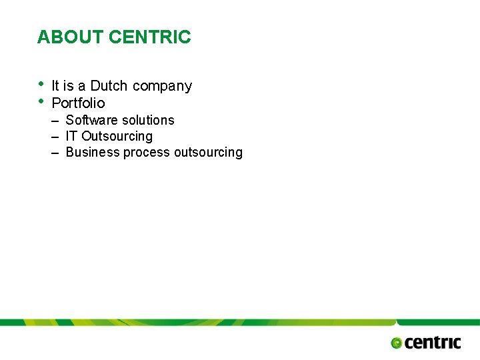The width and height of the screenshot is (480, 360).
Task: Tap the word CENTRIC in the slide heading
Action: coord(149,37)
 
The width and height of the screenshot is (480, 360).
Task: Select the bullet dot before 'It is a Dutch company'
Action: coord(41,84)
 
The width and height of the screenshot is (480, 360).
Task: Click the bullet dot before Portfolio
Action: coord(41,101)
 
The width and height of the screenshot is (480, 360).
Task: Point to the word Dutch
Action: coord(109,86)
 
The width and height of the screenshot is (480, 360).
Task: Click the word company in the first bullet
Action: coord(162,87)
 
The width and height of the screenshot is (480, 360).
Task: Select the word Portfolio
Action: coord(78,103)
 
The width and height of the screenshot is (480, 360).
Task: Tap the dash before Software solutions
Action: coord(55,121)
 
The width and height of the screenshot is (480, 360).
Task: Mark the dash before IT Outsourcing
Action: coord(55,137)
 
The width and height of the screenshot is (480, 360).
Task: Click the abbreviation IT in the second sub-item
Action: coord(71,136)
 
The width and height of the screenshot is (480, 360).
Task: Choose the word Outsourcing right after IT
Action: coord(117,137)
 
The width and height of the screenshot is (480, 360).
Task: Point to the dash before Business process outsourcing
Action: coord(55,153)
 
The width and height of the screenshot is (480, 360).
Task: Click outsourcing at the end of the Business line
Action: coord(208,153)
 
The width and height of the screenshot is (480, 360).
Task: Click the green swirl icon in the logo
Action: coord(397,343)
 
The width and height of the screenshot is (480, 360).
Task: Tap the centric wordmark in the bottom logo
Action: coord(433,342)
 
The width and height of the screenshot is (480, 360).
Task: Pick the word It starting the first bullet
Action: coord(55,86)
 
